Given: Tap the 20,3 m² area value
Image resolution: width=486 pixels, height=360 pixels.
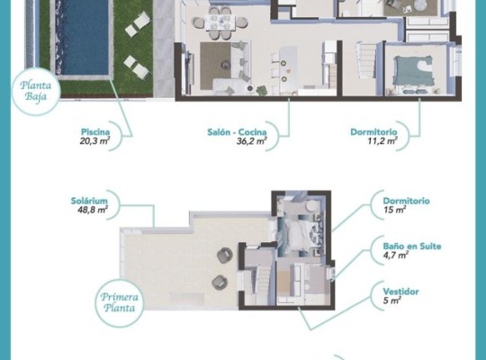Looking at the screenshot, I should (x=93, y=141).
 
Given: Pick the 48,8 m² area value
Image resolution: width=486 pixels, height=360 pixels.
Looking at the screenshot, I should (x=92, y=210).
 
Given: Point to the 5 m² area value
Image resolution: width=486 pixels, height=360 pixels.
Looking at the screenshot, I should (x=392, y=301).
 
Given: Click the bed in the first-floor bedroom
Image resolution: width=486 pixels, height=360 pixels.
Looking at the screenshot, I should (x=301, y=237).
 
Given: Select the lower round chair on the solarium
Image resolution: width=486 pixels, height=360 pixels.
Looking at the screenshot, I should (x=219, y=283).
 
